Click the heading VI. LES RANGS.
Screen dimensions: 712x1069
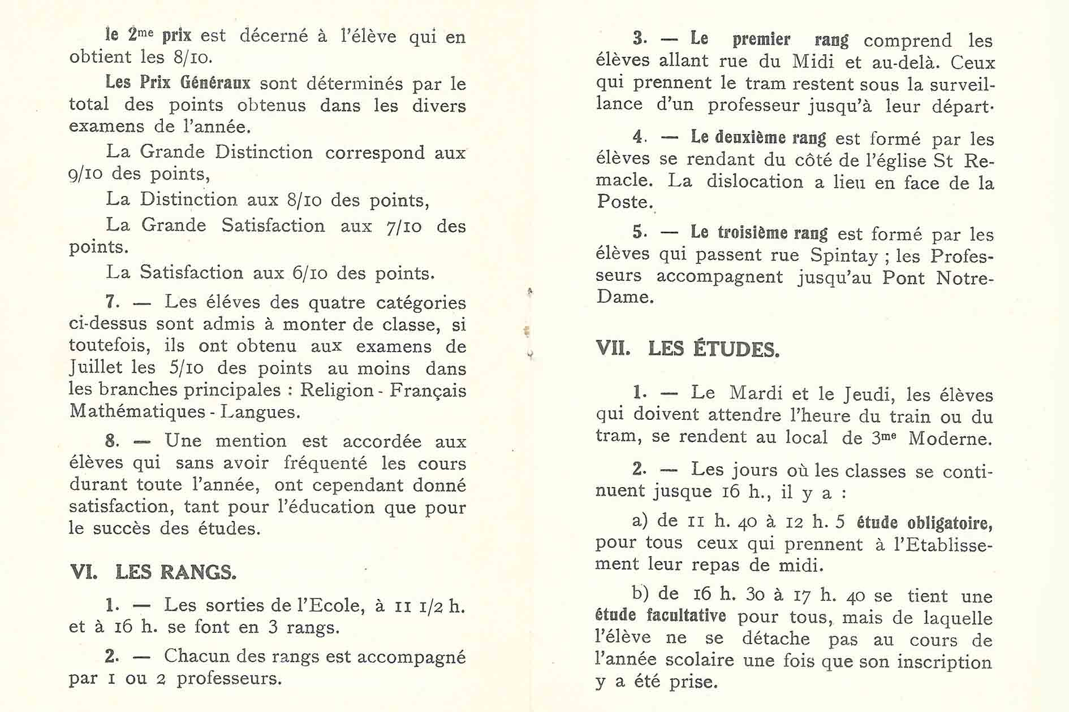coord(153,572)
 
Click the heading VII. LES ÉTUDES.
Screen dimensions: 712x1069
coord(688,349)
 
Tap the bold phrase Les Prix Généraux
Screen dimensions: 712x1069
coord(178,83)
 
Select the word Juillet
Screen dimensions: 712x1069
coord(96,368)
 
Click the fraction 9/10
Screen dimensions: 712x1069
coord(87,174)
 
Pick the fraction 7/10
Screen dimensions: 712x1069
coord(404,227)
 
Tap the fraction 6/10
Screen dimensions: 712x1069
coord(310,273)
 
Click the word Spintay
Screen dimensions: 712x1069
coord(844,255)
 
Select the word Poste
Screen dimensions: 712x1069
coord(623,202)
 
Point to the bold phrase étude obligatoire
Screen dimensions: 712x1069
coord(924,522)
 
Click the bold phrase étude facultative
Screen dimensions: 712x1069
coord(661,615)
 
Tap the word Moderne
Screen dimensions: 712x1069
coord(950,438)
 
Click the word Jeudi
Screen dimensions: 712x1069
coord(868,394)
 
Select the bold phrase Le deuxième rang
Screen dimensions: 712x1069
coord(758,137)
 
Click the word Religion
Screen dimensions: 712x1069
coord(337,390)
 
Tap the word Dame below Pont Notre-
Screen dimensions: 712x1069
coord(624,297)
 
